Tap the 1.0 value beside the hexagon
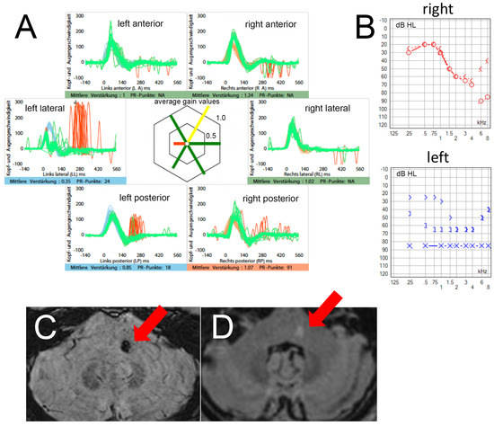[217, 117]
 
